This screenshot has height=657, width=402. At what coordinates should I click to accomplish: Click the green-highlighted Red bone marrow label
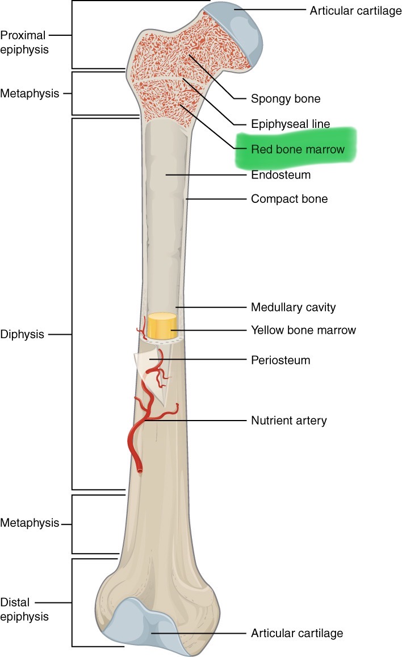(298, 149)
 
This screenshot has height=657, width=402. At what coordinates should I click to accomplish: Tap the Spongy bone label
(286, 99)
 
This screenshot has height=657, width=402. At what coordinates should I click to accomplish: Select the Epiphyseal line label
(290, 124)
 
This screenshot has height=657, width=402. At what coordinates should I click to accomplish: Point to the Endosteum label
(280, 175)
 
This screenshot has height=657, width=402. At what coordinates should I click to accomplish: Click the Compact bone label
(289, 199)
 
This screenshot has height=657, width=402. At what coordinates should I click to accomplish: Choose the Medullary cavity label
(293, 307)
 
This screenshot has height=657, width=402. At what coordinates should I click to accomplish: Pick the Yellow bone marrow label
(303, 330)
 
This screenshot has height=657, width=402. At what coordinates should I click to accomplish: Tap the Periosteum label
(280, 360)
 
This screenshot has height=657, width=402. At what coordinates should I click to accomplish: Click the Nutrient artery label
(288, 421)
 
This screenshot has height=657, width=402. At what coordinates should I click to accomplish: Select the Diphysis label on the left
(22, 334)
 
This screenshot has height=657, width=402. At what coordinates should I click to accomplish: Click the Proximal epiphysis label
(24, 42)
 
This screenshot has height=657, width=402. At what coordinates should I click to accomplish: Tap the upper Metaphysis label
(30, 93)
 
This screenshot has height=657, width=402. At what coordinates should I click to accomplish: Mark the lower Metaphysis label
(30, 523)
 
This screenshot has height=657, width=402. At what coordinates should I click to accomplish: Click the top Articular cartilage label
(355, 11)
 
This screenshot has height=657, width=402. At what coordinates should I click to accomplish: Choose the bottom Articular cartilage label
(297, 633)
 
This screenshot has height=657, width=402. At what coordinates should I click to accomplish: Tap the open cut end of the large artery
(140, 470)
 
